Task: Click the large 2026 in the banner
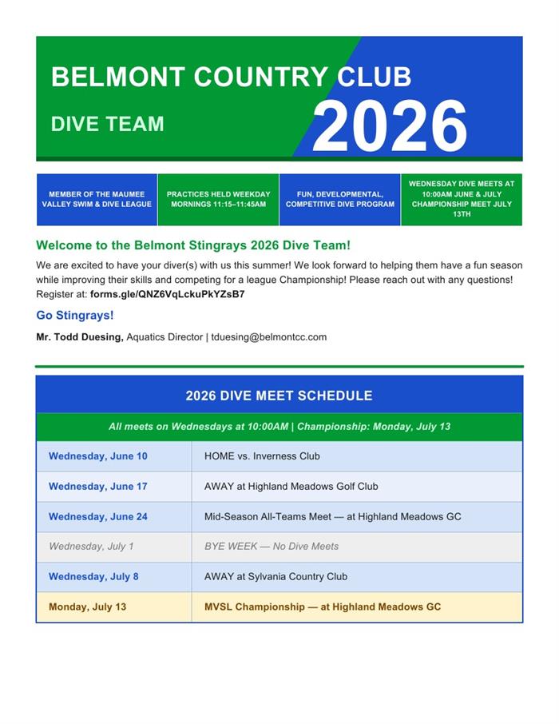click(389, 126)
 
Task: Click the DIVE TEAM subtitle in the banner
click(107, 124)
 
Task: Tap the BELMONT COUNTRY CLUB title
click(231, 78)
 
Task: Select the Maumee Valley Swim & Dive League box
click(97, 199)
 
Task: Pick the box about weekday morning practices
click(218, 199)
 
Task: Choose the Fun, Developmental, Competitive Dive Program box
click(339, 199)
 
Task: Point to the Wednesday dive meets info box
click(462, 199)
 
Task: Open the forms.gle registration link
click(167, 294)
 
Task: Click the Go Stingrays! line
click(75, 316)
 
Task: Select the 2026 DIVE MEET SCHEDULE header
click(279, 396)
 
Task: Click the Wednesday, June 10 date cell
click(97, 456)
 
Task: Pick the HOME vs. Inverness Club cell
click(262, 456)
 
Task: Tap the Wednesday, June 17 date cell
click(97, 487)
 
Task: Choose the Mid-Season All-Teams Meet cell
click(332, 517)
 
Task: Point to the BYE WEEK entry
click(272, 547)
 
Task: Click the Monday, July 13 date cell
click(87, 607)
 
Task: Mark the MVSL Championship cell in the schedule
click(323, 607)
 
